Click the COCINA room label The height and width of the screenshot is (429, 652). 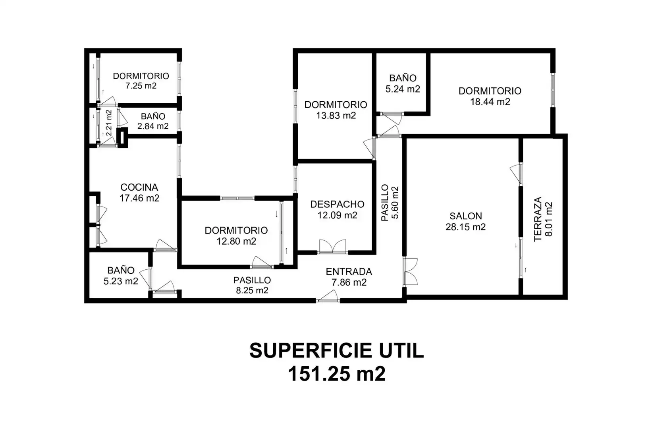point(139,187)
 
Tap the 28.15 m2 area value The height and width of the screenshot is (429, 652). point(465,227)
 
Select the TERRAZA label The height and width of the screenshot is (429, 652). point(538,219)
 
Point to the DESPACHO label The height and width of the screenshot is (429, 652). point(337,204)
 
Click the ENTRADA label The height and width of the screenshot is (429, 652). point(349,271)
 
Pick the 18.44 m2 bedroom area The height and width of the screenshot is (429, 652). point(490,102)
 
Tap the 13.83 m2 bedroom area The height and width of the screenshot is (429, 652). point(336,116)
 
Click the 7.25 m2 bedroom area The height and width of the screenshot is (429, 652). point(141,86)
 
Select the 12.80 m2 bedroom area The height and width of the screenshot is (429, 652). point(236,242)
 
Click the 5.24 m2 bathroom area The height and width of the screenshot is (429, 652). point(403,89)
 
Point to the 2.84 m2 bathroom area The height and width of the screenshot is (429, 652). point(153,126)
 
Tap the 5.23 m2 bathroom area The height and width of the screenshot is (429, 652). point(121,281)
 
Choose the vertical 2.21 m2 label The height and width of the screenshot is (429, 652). point(109,123)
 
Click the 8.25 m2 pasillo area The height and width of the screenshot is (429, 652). point(252,290)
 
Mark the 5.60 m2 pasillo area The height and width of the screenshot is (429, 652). point(395,203)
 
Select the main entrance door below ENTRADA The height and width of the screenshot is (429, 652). point(328,296)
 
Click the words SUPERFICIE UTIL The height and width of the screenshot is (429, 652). point(336,351)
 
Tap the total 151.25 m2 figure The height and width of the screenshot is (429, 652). point(337,374)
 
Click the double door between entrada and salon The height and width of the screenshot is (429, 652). point(410,272)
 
